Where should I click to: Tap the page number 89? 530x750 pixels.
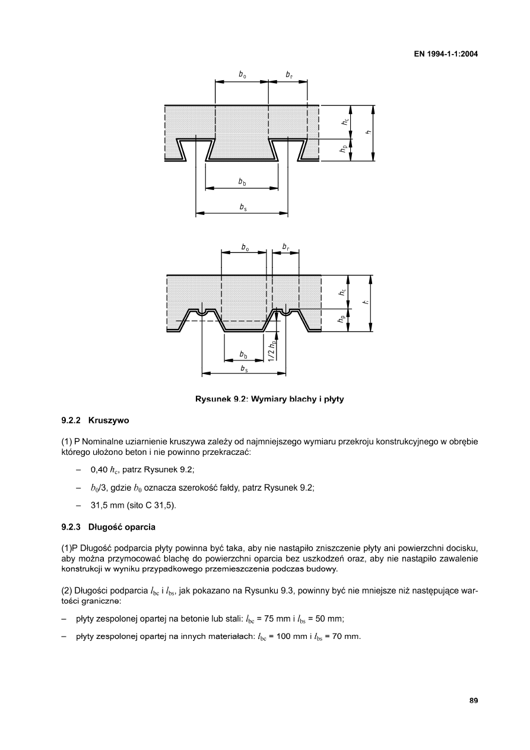click(474, 701)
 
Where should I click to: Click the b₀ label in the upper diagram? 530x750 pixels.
click(242, 75)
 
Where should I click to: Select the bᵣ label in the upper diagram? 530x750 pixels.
click(288, 75)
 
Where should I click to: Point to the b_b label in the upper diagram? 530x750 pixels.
click(242, 182)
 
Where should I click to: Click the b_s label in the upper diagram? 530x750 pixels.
click(243, 207)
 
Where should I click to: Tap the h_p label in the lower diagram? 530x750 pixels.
click(342, 319)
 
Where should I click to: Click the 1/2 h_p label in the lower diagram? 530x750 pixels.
click(271, 350)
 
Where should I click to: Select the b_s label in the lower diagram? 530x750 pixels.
click(244, 369)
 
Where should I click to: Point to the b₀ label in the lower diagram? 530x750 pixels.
click(245, 245)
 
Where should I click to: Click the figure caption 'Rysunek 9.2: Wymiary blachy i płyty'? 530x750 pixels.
click(269, 399)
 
